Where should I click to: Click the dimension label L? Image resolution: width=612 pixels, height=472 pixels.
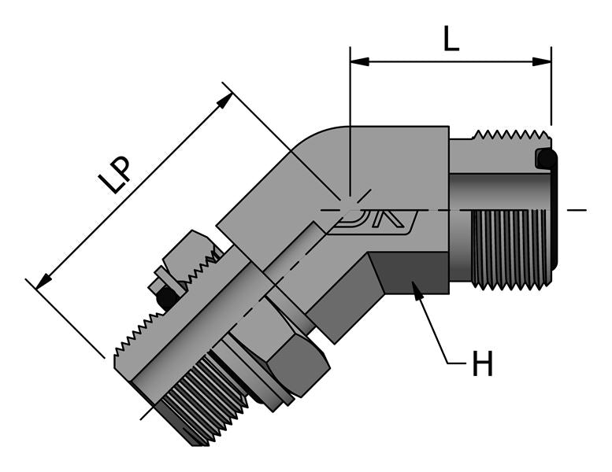point(450,37)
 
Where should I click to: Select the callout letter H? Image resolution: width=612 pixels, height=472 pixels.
point(482,363)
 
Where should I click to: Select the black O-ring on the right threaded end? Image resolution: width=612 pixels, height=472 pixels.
point(544,159)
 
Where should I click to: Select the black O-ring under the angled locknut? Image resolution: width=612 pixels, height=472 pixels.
point(167,297)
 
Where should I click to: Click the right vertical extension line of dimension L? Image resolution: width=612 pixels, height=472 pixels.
point(551,94)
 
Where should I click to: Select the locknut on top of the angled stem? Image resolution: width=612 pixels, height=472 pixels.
point(189,256)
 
